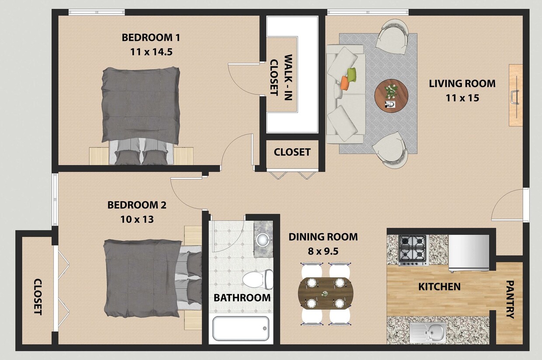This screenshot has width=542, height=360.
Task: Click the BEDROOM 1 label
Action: coord(151,38)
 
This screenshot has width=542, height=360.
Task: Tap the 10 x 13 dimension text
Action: coord(137,219)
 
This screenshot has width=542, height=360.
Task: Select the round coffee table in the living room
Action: coord(391,96)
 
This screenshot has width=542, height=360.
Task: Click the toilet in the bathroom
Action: coord(258,279)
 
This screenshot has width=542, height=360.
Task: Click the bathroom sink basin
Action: coord(263,239)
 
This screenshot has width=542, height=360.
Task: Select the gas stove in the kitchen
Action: coord(413,250)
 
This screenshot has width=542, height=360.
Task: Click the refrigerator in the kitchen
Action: coord(469,253)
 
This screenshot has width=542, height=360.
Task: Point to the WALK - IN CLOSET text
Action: coord(281,77)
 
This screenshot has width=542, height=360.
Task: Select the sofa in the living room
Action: coord(345,94)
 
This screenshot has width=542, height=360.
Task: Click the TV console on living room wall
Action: coord(516,95)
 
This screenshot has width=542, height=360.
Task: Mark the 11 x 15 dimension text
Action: coord(462,98)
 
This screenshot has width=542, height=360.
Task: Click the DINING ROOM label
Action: coord(323,237)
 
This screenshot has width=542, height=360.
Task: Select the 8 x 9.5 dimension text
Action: coord(323,251)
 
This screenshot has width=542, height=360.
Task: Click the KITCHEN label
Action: coord(439,287)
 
